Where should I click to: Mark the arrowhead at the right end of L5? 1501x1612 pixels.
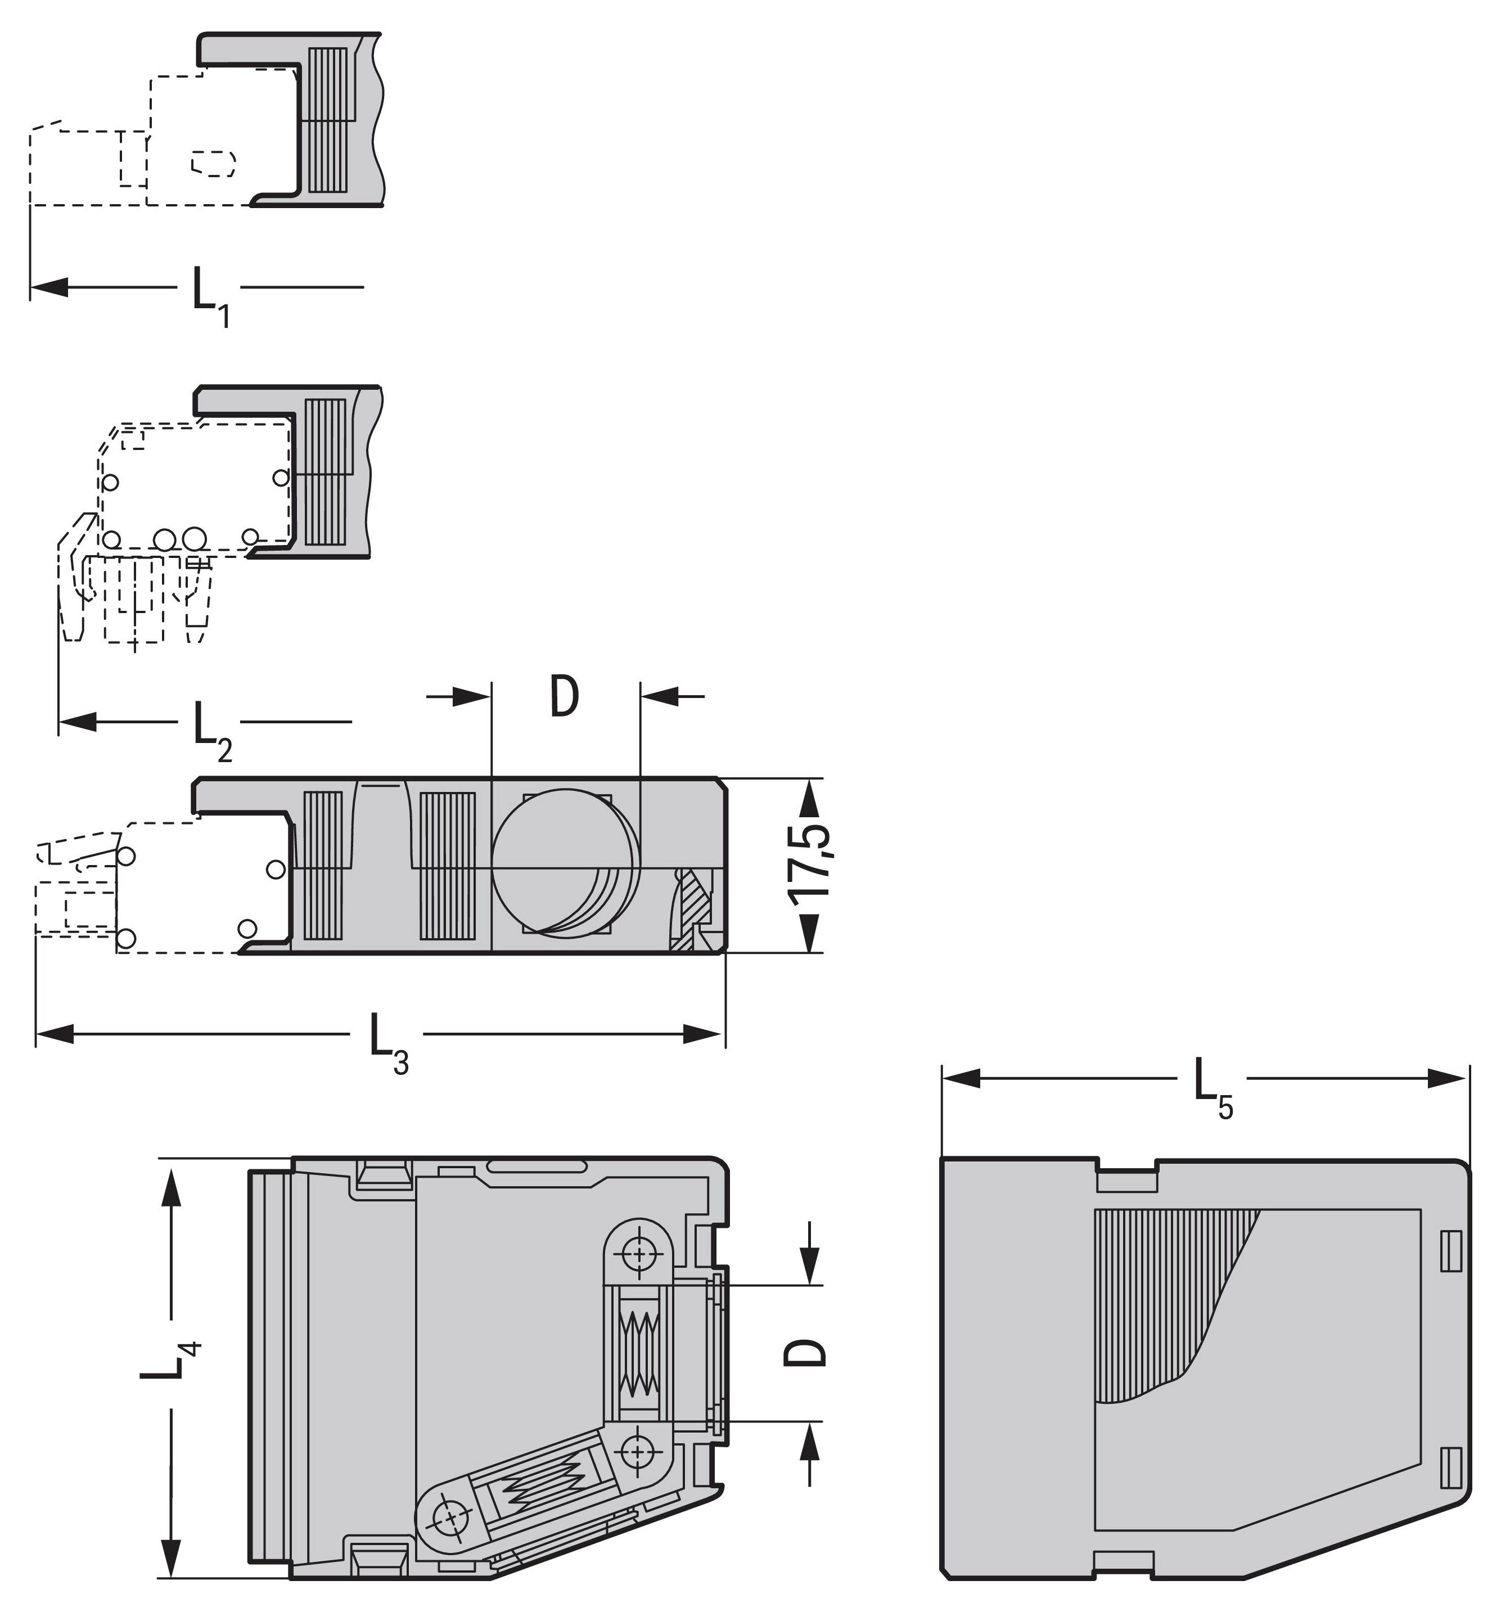pyautogui.click(x=1446, y=1078)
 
